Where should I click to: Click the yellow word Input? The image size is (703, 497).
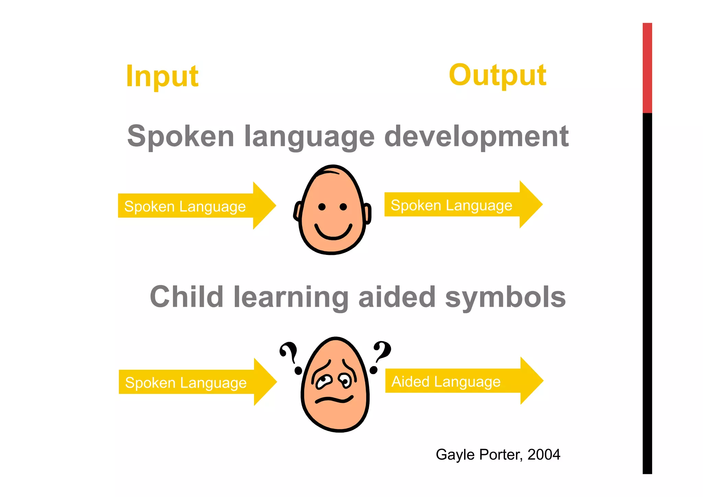(x=162, y=76)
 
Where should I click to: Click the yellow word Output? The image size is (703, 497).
(x=497, y=75)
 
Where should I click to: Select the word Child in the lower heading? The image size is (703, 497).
(x=187, y=297)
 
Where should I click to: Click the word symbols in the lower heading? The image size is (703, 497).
(x=505, y=297)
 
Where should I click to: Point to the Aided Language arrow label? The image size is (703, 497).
(x=446, y=382)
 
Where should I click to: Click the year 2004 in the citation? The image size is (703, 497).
(x=544, y=454)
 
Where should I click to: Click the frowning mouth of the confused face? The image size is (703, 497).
(x=334, y=399)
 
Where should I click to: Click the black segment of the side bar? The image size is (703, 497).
(x=647, y=292)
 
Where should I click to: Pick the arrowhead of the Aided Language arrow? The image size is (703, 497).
(x=531, y=381)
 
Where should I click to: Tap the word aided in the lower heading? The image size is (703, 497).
(x=397, y=297)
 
